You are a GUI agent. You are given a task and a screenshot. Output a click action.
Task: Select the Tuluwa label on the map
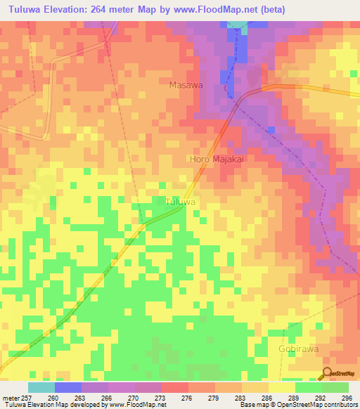coord(179,202)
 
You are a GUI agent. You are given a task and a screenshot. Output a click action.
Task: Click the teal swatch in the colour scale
coord(41,387)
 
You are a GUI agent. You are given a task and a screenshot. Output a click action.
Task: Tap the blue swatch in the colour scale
coord(68,387)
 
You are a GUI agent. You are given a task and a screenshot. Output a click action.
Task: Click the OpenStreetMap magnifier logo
coord(326,373)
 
